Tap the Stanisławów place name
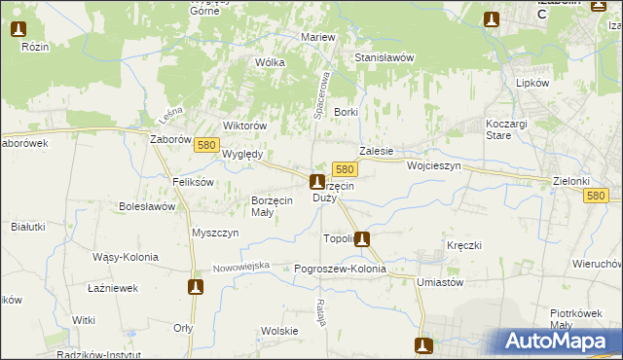384,57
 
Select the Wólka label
270,62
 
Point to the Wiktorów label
244,126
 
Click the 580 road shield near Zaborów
205,144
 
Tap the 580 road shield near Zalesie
344,168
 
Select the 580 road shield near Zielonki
598,196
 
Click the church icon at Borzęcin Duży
316,181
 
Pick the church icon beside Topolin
362,238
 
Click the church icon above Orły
196,287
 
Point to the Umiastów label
439,281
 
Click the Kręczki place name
464,245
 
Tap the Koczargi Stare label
507,129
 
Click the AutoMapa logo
555,341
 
